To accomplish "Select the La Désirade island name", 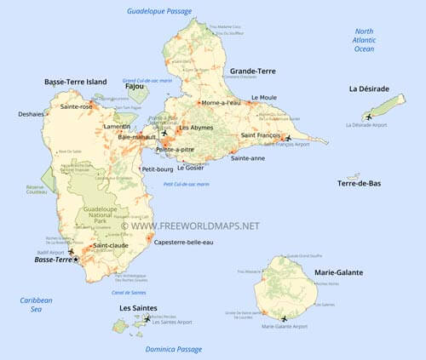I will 370,89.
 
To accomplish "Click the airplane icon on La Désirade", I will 368,117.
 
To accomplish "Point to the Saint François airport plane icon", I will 287,137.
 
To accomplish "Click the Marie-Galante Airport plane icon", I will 283,318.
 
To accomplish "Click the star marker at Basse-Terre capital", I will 76,259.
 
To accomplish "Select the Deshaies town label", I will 32,113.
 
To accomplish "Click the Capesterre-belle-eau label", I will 184,243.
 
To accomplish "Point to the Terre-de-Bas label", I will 359,183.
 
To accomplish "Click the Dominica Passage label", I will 172,350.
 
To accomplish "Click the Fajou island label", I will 134,86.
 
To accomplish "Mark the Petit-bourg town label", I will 158,169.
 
